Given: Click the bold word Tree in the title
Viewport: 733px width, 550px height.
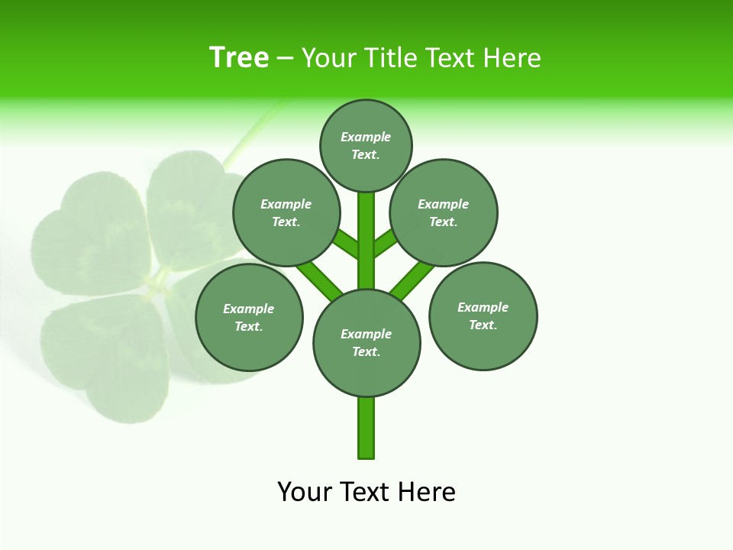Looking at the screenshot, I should (239, 58).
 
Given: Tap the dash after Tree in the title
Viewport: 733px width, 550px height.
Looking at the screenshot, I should (285, 59).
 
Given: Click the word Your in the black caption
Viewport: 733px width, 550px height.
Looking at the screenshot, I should (303, 491).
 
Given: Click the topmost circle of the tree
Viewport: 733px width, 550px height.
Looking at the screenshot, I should (366, 145).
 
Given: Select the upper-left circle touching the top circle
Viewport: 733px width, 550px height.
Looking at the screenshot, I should (286, 212).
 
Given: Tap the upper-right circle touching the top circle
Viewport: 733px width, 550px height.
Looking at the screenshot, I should (444, 212).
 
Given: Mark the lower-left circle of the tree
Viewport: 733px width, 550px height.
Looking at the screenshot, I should (249, 317).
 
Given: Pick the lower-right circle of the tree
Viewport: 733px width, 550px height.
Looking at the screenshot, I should (483, 315).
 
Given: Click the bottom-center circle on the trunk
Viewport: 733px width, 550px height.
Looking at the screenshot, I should (366, 342).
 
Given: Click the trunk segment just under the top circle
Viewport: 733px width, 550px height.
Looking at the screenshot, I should (366, 229).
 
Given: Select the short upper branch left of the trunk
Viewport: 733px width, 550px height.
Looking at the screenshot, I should (346, 244).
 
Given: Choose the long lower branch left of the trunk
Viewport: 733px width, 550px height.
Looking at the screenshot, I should (319, 280).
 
